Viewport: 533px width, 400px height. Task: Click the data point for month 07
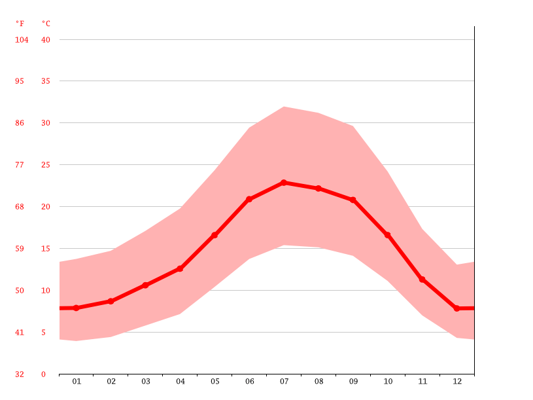point(284,183)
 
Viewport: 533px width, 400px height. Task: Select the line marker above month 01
point(77,308)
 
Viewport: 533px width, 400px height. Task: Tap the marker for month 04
point(180,268)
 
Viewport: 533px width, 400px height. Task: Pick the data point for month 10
point(387,235)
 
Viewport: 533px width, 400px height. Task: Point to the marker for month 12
point(456,308)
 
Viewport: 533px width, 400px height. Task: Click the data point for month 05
point(215,235)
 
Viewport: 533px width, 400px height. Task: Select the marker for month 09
point(353,200)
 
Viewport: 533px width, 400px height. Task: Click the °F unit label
point(20,24)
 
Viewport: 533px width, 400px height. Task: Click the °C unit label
point(46,24)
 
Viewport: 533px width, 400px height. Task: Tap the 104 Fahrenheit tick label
point(22,40)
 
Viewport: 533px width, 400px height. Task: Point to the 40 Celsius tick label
point(46,40)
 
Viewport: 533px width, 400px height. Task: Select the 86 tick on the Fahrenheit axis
point(20,123)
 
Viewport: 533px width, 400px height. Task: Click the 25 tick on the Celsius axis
point(46,165)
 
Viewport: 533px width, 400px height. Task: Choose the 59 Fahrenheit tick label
point(20,249)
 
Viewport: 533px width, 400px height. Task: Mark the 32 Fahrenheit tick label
point(20,374)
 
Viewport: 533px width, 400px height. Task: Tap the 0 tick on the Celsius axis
point(44,374)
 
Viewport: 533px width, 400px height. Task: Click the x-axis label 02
point(111,381)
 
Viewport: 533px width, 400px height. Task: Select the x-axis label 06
point(249,381)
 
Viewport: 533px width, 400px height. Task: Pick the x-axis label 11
point(422,381)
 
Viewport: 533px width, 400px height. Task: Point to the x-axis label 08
point(318,381)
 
